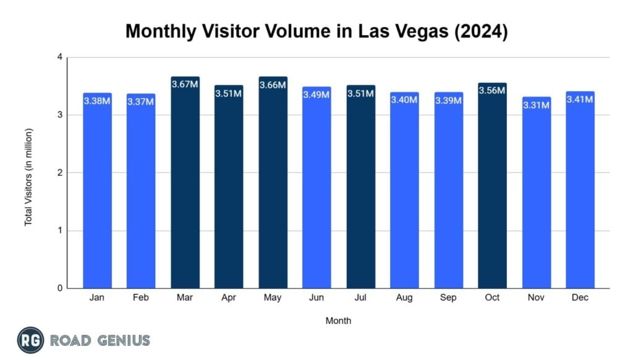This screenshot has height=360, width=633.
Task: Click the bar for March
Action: tap(185, 186)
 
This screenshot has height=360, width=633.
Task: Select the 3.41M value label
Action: tap(580, 99)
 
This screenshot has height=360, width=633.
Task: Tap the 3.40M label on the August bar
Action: tap(404, 100)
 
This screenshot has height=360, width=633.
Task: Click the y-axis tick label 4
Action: tap(60, 58)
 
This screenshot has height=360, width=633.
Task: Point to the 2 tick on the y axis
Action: tap(60, 173)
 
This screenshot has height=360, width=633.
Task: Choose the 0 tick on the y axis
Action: tap(60, 288)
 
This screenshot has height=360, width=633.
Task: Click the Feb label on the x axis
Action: tap(141, 298)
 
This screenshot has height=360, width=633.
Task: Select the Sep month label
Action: tap(448, 298)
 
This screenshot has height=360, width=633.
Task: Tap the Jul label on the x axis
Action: tap(360, 298)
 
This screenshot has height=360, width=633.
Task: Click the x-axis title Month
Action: tap(338, 321)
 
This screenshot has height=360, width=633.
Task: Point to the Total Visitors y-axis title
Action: tap(28, 177)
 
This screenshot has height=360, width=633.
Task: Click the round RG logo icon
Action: tap(30, 340)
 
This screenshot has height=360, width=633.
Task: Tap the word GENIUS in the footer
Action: tap(122, 340)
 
